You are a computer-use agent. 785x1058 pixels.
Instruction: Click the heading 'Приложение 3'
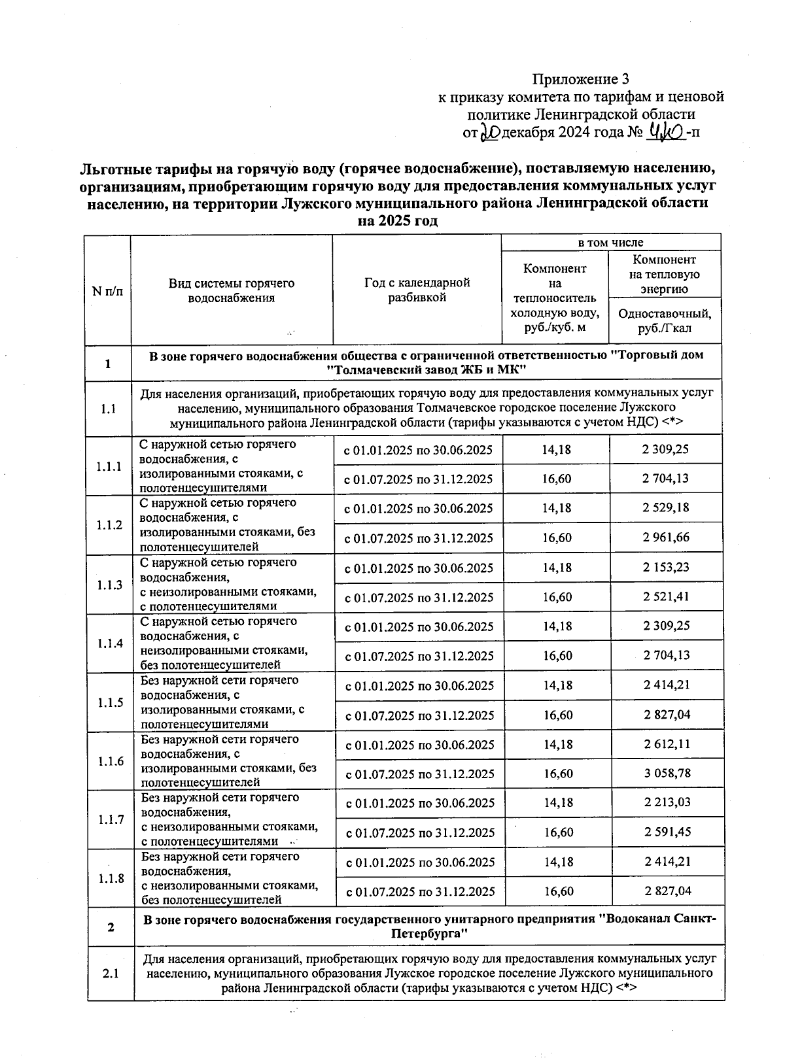pos(580,80)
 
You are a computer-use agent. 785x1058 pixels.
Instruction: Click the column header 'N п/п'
pos(107,290)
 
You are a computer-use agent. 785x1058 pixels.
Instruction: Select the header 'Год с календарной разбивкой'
pos(417,290)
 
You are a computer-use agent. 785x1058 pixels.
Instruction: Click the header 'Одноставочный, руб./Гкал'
pos(665,320)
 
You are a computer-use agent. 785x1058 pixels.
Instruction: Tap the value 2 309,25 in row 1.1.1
pos(666,449)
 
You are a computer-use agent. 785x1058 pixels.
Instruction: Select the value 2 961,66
pos(666,538)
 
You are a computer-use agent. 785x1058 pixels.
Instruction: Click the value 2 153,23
pos(666,567)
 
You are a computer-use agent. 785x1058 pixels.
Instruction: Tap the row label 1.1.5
pos(111,703)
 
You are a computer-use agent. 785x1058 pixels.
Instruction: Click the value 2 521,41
pos(666,596)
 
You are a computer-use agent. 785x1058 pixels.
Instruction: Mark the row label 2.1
pos(111,974)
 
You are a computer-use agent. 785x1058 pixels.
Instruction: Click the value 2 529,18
pos(666,507)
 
